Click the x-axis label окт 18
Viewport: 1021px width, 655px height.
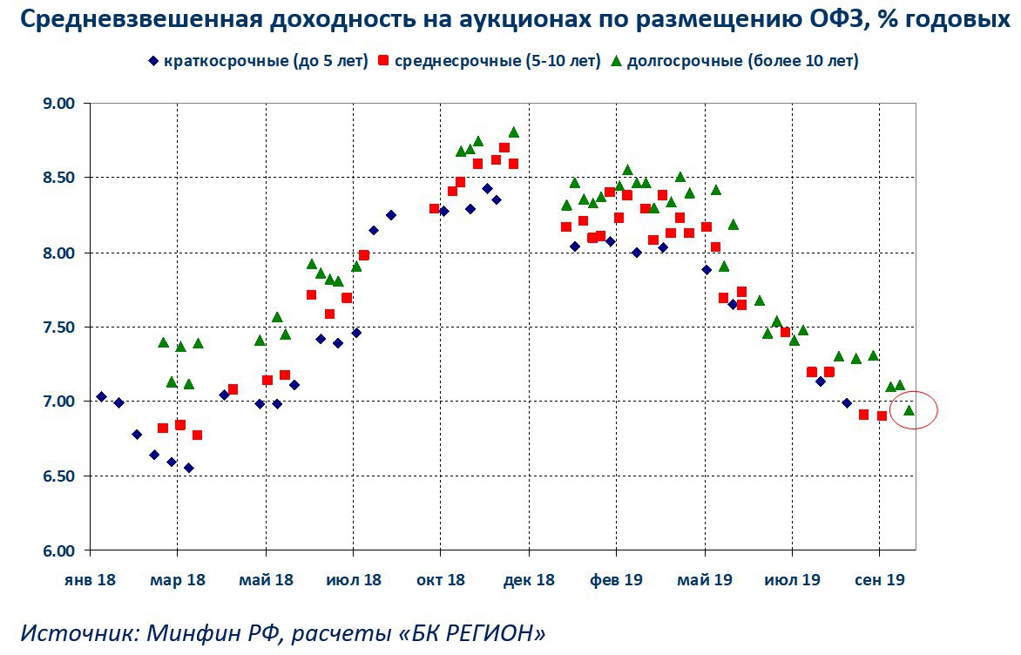(x=441, y=579)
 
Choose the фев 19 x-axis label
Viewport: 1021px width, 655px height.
(x=617, y=579)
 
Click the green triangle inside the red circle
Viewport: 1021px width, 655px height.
(x=909, y=410)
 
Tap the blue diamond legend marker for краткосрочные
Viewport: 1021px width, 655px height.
(x=152, y=61)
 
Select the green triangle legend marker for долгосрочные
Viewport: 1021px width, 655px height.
(x=617, y=60)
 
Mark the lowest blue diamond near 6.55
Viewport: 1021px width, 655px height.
(x=188, y=468)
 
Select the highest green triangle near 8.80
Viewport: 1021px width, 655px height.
(x=514, y=132)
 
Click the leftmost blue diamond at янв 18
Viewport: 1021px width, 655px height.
(x=101, y=396)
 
